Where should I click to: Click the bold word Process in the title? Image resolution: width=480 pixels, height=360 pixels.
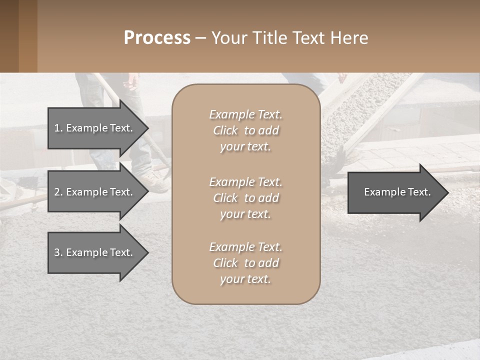[157, 38]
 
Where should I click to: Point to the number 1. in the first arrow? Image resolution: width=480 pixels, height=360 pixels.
[58, 128]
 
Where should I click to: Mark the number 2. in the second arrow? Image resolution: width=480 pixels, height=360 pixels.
[58, 192]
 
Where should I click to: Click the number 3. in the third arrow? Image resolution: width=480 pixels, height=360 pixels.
[58, 252]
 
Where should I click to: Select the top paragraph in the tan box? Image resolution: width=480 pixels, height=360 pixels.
[246, 130]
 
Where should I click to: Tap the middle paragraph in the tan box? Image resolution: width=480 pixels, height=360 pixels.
[246, 198]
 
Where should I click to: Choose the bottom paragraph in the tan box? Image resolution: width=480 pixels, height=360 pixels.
[246, 263]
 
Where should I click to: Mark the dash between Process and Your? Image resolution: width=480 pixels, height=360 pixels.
[201, 38]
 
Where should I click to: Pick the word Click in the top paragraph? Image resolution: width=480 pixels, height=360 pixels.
[225, 130]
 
